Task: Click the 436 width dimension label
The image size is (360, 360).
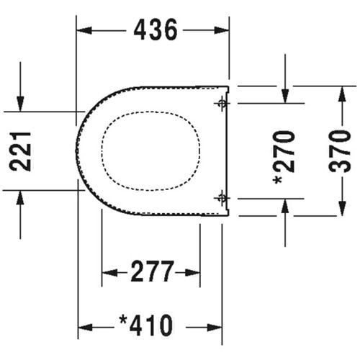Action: [x=153, y=30]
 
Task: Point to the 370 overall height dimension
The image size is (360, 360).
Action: [x=344, y=150]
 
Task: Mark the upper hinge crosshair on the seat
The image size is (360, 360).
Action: [x=222, y=104]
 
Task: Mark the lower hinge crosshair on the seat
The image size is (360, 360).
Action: [x=222, y=197]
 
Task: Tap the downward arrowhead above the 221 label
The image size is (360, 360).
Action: [x=21, y=105]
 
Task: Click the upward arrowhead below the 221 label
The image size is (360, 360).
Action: [x=21, y=196]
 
